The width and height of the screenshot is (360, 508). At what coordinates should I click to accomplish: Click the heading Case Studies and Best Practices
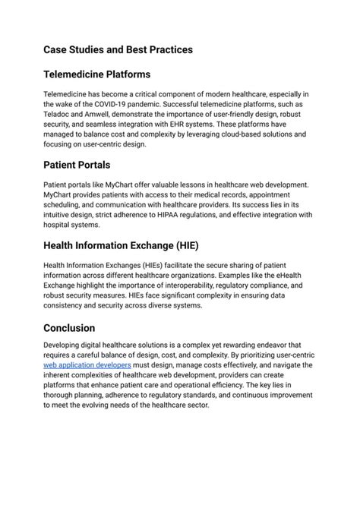(118, 49)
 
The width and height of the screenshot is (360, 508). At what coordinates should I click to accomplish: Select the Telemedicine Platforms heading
(96, 74)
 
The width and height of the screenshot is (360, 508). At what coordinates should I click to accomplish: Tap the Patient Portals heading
(77, 164)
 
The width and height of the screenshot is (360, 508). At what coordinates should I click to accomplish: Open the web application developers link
(87, 364)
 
